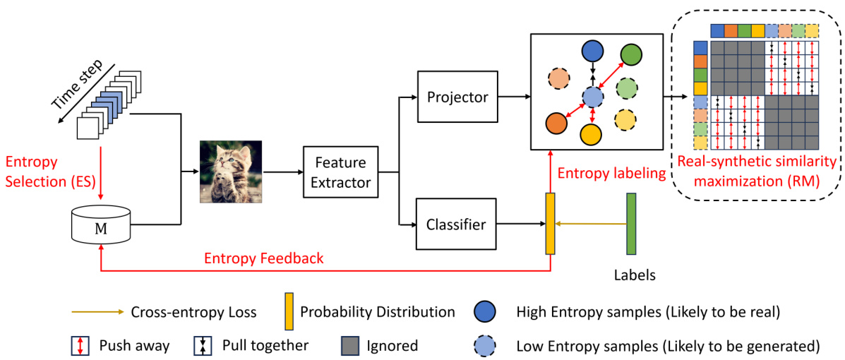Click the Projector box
tap(457, 97)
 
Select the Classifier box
tap(456, 225)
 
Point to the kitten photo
tap(230, 172)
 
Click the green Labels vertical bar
tap(630, 224)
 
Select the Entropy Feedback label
tap(263, 258)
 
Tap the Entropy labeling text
tap(612, 173)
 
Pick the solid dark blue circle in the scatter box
tap(592, 51)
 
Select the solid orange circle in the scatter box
tap(556, 124)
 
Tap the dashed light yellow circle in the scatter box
tap(625, 120)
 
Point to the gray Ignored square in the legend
tap(350, 346)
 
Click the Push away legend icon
tap(80, 346)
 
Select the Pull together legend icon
tap(203, 346)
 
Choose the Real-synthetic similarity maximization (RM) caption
tap(756, 172)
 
